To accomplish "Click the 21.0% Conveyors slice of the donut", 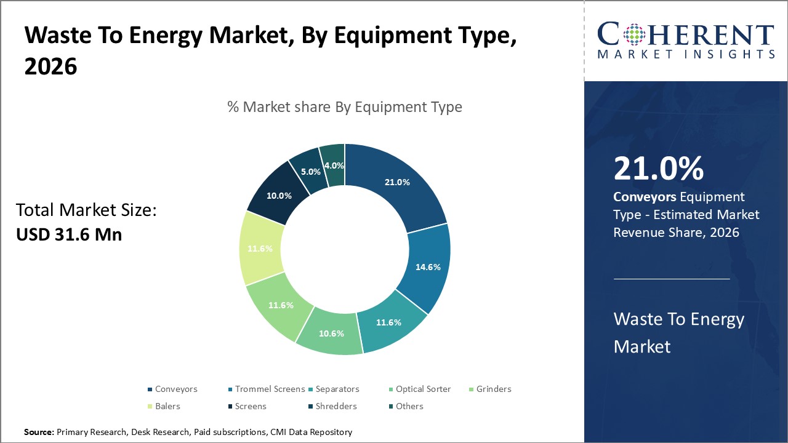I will pos(397,183).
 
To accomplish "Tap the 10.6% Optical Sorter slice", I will pos(331,333).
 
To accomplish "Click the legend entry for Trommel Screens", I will pos(266,389).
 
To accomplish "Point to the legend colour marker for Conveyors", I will pos(150,389).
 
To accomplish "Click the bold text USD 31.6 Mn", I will pos(69,234).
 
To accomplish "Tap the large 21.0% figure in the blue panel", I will pos(658,169).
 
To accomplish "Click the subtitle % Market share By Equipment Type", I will pos(345,107).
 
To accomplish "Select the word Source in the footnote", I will pos(39,433).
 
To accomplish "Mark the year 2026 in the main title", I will pos(50,66).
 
